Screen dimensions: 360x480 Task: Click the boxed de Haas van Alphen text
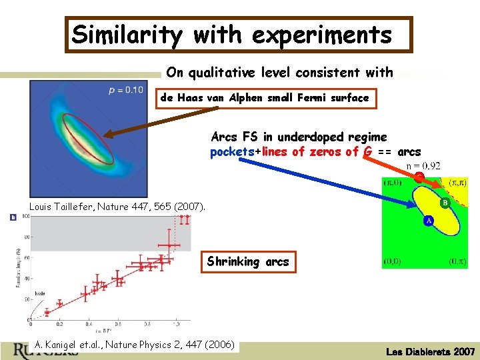click(264, 98)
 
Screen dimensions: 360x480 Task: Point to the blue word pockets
click(233, 151)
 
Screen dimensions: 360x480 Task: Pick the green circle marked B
click(445, 202)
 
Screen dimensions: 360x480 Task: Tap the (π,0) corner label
click(393, 182)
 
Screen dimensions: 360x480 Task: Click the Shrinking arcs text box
click(248, 261)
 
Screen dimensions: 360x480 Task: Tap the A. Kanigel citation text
click(134, 345)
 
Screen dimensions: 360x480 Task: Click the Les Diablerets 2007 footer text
click(429, 351)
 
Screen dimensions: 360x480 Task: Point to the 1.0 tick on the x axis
click(175, 324)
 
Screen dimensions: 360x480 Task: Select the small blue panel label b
click(13, 218)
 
